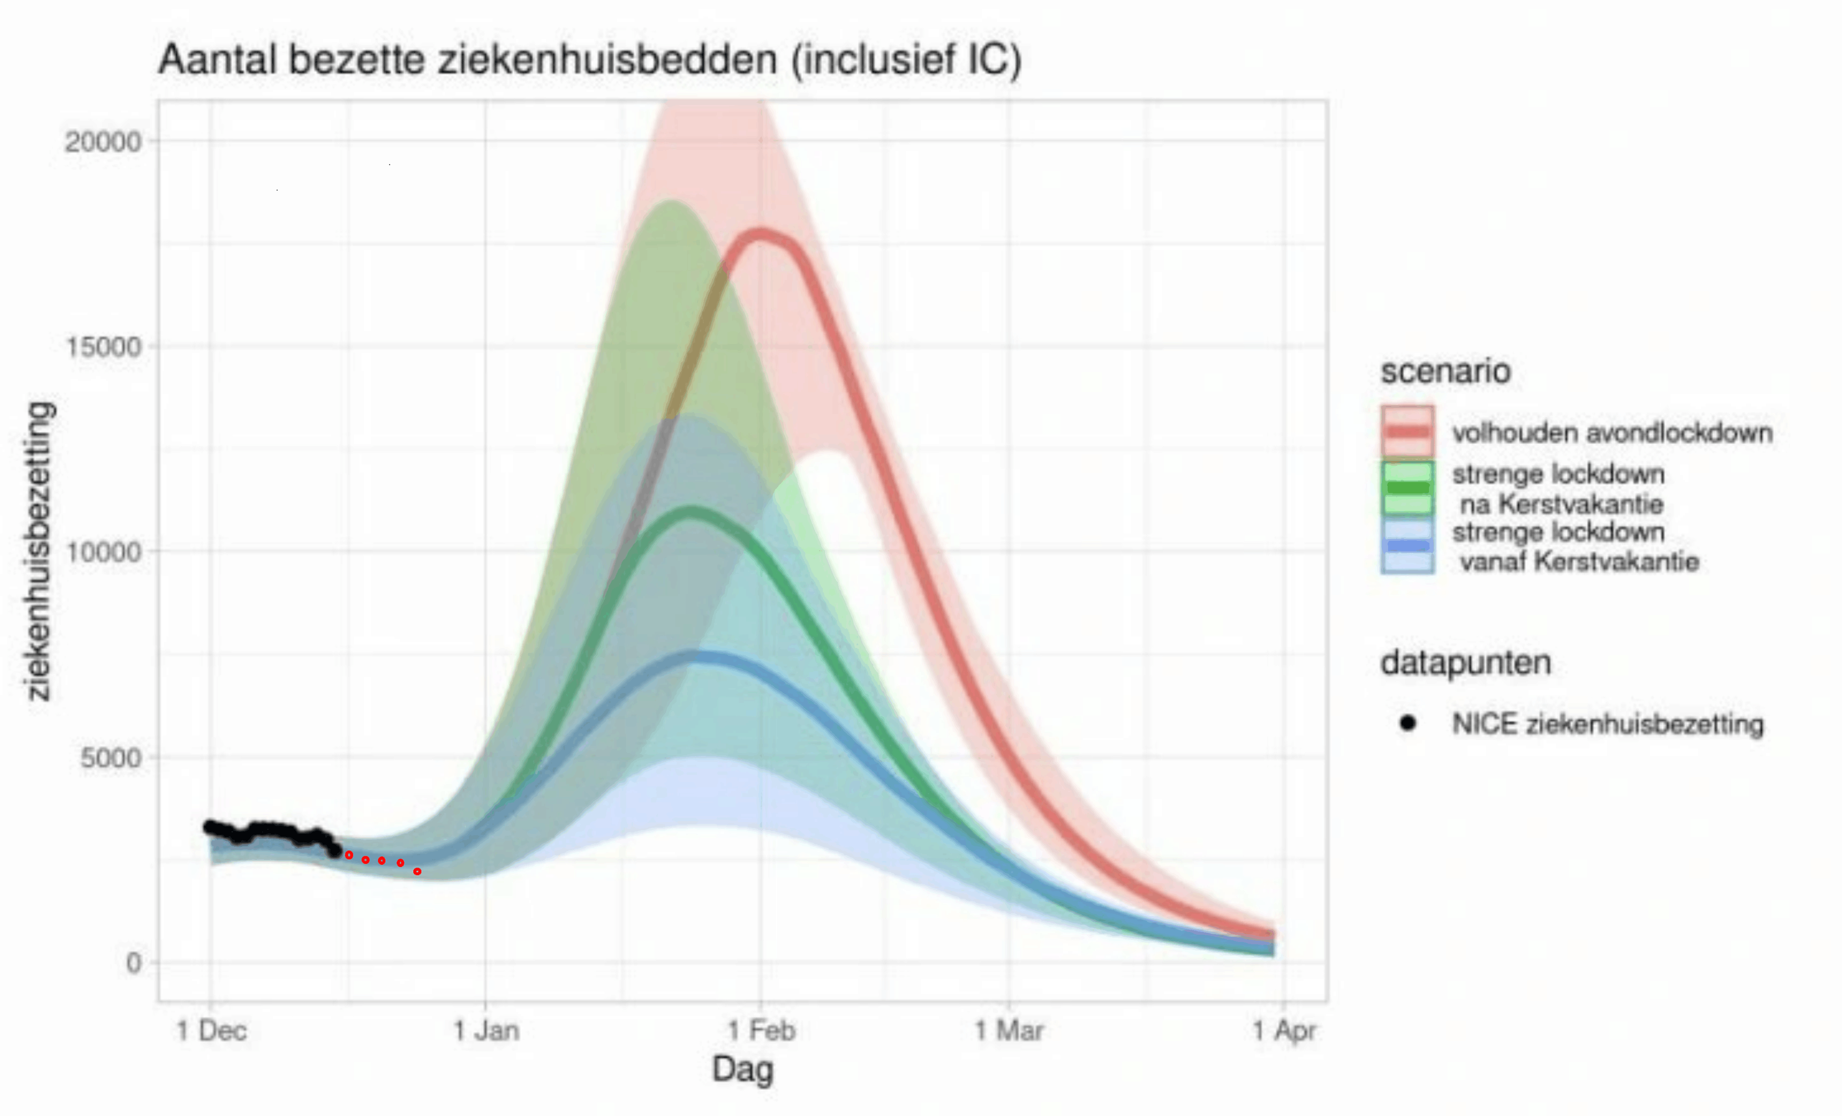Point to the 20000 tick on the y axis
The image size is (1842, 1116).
103,141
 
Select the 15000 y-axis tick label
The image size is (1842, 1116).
103,347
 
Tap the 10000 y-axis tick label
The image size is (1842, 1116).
103,553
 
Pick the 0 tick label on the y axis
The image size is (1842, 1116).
133,963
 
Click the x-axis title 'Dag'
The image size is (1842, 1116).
742,1069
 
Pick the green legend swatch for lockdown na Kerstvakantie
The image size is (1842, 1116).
1407,488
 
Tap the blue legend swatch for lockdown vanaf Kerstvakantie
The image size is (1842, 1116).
1407,547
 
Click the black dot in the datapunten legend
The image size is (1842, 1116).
1408,723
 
